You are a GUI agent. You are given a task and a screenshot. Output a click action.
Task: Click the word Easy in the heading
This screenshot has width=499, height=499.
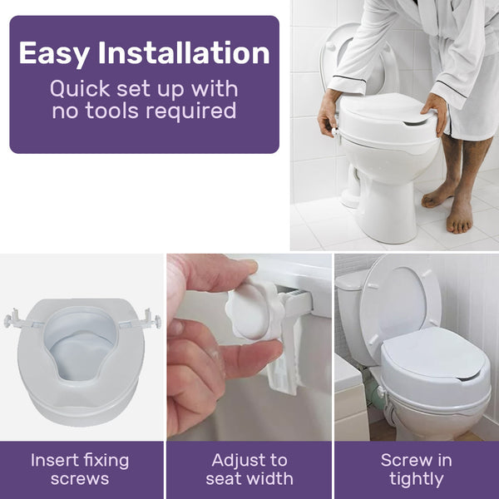coord(54,53)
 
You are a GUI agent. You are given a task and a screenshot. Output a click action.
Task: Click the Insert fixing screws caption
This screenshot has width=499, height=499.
coord(81,469)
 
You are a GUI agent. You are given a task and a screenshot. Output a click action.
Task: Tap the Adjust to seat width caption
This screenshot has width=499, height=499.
coord(249,469)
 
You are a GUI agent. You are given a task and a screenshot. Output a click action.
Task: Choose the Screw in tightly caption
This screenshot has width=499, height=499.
coord(417,469)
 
